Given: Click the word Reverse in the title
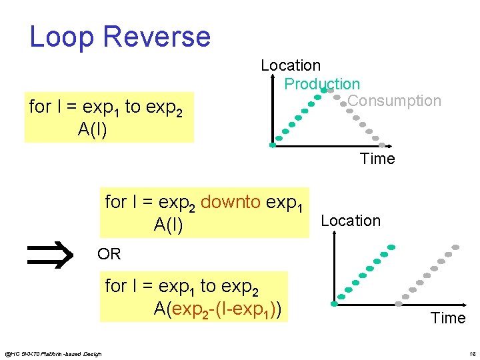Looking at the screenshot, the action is click(157, 37).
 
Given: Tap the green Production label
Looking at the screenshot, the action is click(322, 84).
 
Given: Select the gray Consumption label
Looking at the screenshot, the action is click(394, 101).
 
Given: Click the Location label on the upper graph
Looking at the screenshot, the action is click(291, 65).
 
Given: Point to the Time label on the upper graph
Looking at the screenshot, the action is click(377, 159).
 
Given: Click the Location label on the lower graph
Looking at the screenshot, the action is click(351, 221).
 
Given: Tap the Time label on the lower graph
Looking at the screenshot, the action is click(448, 318).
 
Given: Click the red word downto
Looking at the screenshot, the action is click(231, 202).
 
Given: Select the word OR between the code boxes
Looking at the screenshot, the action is click(109, 254).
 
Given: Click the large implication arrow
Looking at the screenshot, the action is click(49, 255).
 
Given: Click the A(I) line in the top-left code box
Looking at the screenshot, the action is click(93, 129).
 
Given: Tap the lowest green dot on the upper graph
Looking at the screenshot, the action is click(272, 145).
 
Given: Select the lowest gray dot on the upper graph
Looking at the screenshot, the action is click(382, 145).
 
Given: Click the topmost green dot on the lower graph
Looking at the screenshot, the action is click(391, 247).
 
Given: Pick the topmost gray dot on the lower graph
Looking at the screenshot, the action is click(456, 247).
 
